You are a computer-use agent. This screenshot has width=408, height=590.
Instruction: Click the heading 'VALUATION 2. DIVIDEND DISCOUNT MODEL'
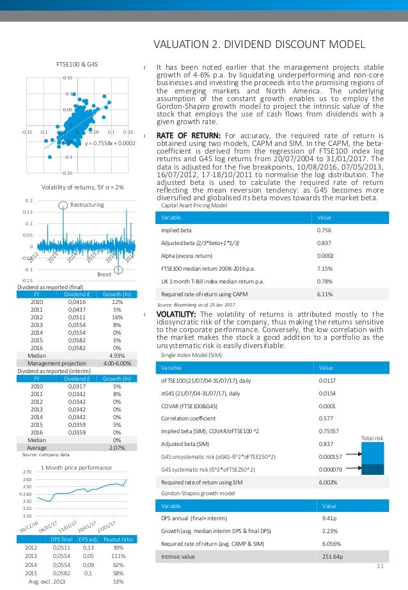(x=261, y=44)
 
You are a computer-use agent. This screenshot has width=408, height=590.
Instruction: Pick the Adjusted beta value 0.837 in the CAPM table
(x=325, y=244)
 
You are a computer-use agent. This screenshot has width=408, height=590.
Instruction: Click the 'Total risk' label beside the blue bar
(x=372, y=438)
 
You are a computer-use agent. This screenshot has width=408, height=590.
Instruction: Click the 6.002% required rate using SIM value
(x=329, y=483)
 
